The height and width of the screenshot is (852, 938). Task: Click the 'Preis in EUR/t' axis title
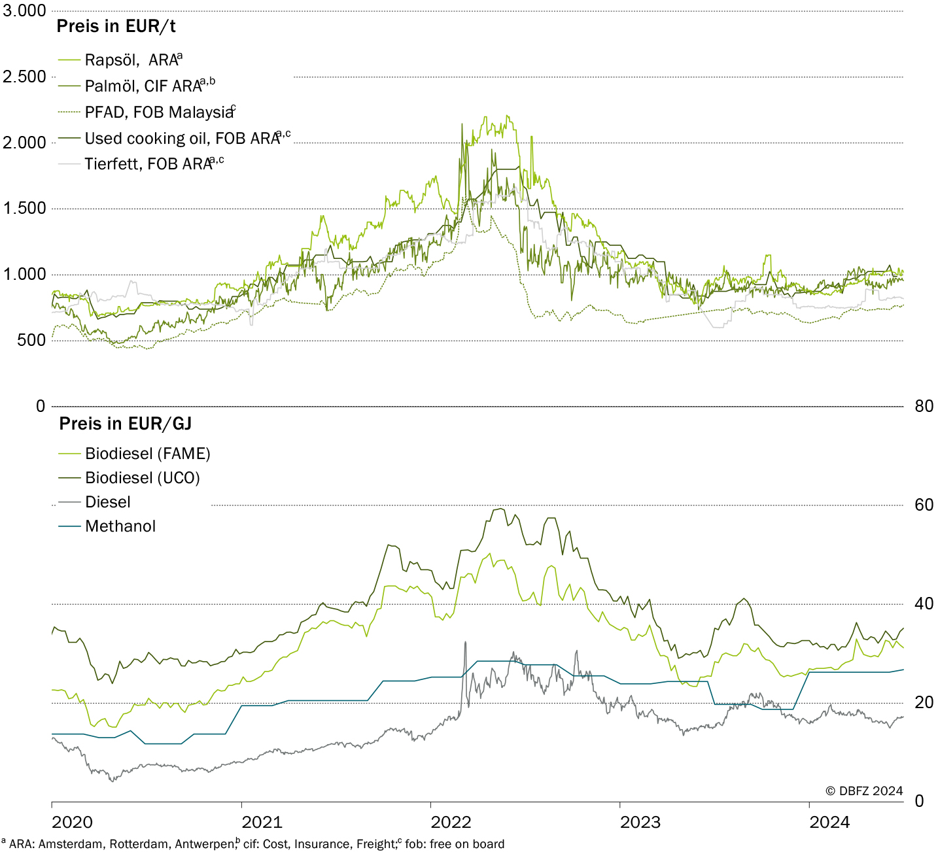(x=116, y=26)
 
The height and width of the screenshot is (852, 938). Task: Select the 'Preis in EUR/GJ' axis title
(x=126, y=424)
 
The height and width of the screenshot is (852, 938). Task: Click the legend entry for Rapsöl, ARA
(x=120, y=60)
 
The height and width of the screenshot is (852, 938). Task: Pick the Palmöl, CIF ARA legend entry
(x=137, y=86)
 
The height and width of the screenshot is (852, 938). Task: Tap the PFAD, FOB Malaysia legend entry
(x=147, y=112)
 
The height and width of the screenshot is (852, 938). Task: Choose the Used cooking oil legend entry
(x=174, y=138)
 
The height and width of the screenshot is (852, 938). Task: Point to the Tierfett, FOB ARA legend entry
(x=141, y=163)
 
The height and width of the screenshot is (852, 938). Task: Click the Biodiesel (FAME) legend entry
(x=134, y=454)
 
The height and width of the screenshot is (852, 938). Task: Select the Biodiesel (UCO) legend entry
(x=129, y=478)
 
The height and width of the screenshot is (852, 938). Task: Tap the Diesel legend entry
(x=94, y=502)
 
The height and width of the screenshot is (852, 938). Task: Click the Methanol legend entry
(x=107, y=526)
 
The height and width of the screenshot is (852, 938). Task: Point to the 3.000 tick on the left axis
(x=24, y=10)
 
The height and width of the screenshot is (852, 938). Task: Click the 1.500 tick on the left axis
(x=25, y=209)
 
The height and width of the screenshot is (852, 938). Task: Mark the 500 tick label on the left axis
(x=32, y=341)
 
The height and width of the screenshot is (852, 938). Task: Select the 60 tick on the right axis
(x=924, y=505)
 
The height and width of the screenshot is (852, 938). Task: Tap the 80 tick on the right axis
(x=924, y=406)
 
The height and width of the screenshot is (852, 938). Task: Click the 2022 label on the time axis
(x=451, y=822)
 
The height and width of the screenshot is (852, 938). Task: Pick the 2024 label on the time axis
(x=829, y=822)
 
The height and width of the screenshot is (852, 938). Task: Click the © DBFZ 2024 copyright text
(x=864, y=791)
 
